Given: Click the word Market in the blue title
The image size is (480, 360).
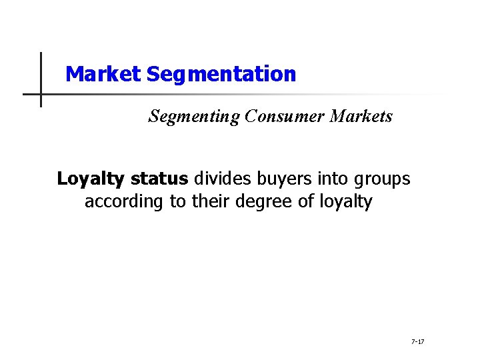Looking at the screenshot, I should pyautogui.click(x=103, y=74).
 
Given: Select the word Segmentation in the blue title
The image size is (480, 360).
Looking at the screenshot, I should pyautogui.click(x=221, y=74).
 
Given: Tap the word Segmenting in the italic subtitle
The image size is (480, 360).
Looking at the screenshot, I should pyautogui.click(x=194, y=117).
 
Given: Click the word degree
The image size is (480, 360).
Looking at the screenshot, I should pyautogui.click(x=263, y=201).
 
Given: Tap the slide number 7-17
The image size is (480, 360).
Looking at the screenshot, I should pyautogui.click(x=418, y=341).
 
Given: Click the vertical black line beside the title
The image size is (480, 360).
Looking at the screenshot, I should pyautogui.click(x=41, y=80).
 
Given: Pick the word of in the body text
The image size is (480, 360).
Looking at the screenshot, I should pyautogui.click(x=305, y=201).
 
